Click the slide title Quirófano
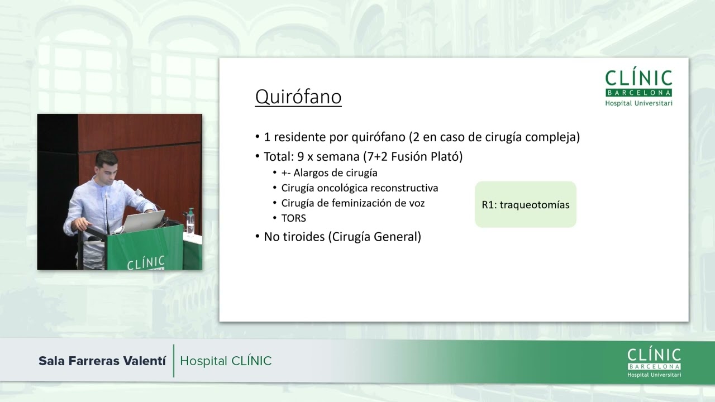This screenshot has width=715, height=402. pos(298,97)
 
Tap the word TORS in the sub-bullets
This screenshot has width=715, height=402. pos(293,218)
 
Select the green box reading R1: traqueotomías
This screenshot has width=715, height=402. pos(525,204)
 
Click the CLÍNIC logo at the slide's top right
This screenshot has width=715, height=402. pos(638,87)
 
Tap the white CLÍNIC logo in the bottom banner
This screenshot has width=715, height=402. pos(654,362)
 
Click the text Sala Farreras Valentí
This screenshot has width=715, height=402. pos(102,361)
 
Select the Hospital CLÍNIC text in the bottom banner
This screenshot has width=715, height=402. pos(226,361)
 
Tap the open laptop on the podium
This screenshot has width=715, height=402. pos(143,221)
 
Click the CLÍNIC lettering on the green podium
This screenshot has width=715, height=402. pos(146,262)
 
